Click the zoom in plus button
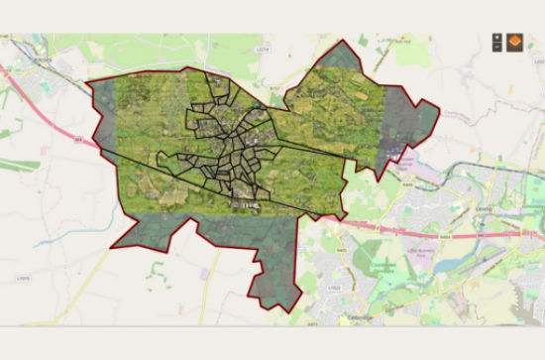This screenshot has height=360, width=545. click(496, 37)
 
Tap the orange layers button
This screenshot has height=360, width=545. click(515, 42)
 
